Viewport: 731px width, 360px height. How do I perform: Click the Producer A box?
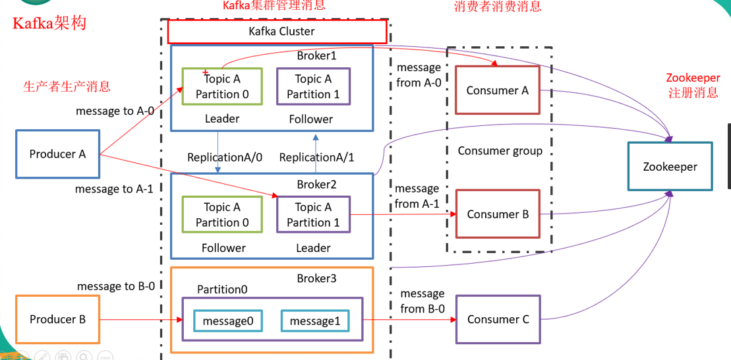coord(57,154)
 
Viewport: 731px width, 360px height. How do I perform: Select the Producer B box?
coord(57,319)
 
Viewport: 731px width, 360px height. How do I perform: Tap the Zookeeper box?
coord(670,167)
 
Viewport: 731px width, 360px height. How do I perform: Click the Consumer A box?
coord(498,91)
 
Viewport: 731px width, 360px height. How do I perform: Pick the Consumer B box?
coord(498,214)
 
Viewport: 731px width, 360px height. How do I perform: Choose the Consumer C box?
coord(498,319)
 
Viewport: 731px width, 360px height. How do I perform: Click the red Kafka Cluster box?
coord(277,31)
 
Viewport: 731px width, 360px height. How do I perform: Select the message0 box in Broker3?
coord(227,321)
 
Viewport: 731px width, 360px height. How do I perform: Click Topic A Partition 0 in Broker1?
coord(222,86)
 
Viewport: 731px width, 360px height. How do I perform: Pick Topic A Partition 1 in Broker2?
coord(313,215)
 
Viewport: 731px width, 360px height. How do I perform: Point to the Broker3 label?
coord(316,278)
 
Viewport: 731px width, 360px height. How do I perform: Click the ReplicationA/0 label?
coord(225,158)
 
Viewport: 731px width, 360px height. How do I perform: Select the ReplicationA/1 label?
coord(316,158)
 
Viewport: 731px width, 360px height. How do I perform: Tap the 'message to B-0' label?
coord(116,286)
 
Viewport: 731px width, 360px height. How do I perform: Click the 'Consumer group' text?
coord(500,151)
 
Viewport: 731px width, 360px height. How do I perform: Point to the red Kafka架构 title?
coord(49,23)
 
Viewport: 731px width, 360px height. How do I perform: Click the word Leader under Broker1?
coord(222,119)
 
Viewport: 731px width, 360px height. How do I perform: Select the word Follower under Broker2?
coord(223,248)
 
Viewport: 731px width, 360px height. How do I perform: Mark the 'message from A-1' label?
coord(417,196)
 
